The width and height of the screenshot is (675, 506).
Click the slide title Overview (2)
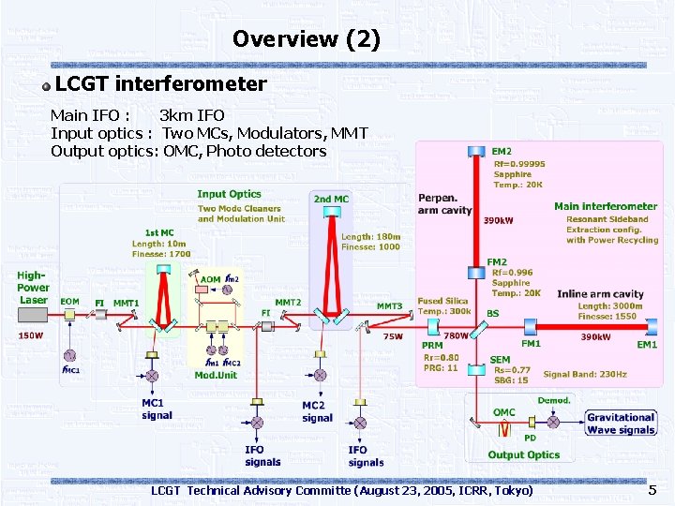[x=307, y=39]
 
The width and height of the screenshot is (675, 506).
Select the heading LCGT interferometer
[x=161, y=84]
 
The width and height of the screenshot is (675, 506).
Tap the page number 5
[x=652, y=490]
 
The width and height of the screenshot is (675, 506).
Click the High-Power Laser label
[x=33, y=288]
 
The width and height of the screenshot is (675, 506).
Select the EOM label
[x=69, y=302]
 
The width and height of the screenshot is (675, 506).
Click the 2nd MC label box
[x=331, y=199]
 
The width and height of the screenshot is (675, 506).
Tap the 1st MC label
[x=158, y=232]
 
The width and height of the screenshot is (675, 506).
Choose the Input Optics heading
[x=229, y=194]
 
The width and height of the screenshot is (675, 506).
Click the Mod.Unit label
[x=216, y=375]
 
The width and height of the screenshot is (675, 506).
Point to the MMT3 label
[x=389, y=306]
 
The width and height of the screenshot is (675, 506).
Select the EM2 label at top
[x=502, y=152]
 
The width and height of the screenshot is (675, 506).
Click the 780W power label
[x=457, y=336]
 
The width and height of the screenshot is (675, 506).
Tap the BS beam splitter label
[x=493, y=313]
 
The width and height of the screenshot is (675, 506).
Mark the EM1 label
[x=647, y=345]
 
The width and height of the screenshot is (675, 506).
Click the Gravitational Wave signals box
[x=621, y=424]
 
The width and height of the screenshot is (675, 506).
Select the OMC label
[x=504, y=412]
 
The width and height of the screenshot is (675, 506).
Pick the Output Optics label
[x=523, y=455]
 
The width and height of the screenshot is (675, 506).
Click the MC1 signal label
[x=157, y=409]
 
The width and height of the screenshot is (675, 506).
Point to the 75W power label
[x=393, y=336]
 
